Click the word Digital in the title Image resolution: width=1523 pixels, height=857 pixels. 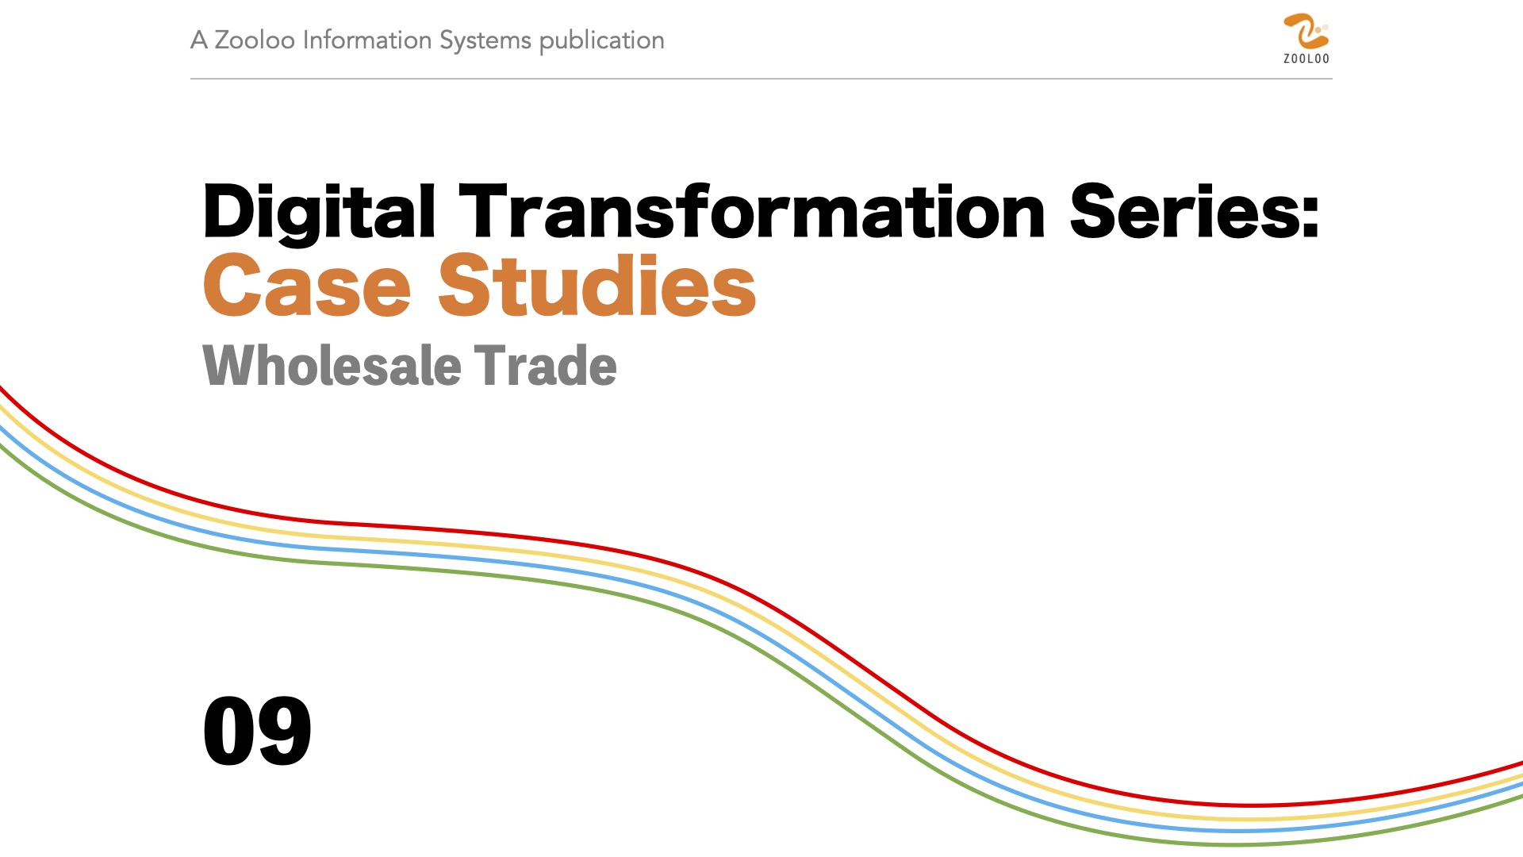pyautogui.click(x=319, y=212)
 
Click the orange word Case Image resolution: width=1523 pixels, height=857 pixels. pyautogui.click(x=307, y=286)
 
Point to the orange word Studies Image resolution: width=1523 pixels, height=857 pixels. pyautogui.click(x=597, y=286)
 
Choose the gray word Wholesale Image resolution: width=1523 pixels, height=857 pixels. pyautogui.click(x=332, y=366)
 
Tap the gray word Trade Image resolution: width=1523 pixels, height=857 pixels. pyautogui.click(x=546, y=366)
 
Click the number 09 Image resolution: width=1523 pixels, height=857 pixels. pyautogui.click(x=257, y=731)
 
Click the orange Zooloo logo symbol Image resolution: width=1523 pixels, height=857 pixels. pyautogui.click(x=1306, y=32)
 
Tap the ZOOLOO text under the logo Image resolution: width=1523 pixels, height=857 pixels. pyautogui.click(x=1306, y=59)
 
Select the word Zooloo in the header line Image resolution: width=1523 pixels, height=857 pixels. pyautogui.click(x=255, y=40)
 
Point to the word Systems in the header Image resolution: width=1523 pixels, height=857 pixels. pyautogui.click(x=485, y=41)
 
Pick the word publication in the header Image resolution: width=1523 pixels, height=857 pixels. pyautogui.click(x=602, y=41)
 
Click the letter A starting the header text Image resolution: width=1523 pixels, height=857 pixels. pyautogui.click(x=199, y=40)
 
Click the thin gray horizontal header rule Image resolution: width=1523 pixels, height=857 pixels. pyautogui.click(x=761, y=79)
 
